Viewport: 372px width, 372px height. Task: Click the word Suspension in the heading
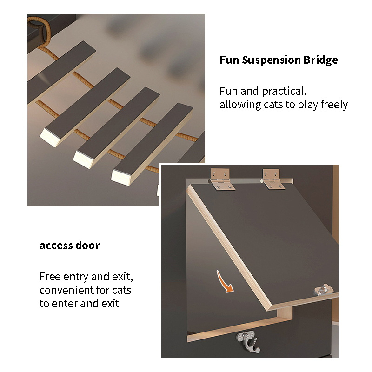pos(271,60)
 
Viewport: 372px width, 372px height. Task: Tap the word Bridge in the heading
pos(320,60)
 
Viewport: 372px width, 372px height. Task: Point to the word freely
pos(334,105)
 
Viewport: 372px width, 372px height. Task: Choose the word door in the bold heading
pos(87,246)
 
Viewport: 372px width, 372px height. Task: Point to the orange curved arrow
pos(224,282)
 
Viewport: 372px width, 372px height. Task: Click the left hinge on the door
pos(221,179)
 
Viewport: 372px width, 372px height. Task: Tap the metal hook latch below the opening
pos(248,342)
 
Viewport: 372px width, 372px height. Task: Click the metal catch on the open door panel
pos(324,290)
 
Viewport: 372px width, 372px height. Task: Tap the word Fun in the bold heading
pos(229,60)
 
